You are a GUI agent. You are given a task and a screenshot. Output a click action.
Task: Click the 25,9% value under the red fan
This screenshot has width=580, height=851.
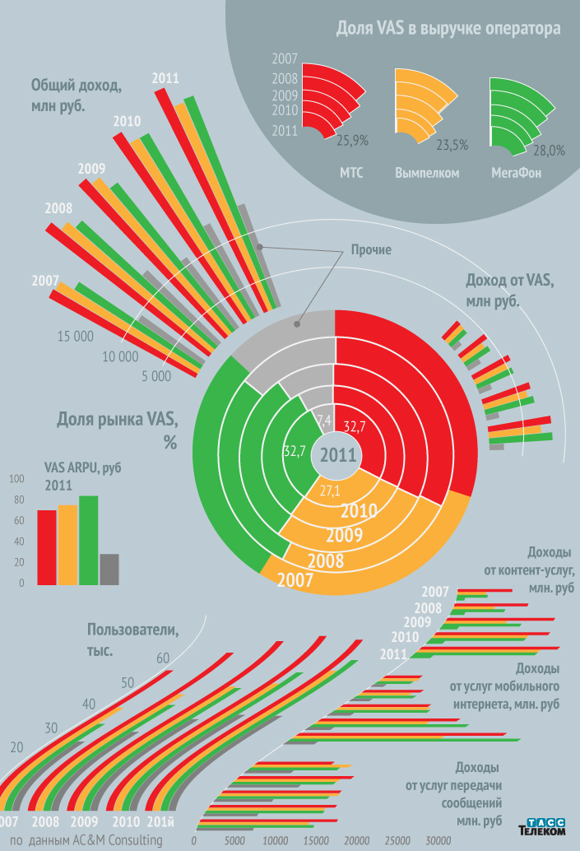(352, 141)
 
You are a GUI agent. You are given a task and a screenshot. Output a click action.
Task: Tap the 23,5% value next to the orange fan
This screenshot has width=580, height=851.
(452, 146)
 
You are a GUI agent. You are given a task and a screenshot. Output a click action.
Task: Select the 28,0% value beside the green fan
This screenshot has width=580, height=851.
(549, 151)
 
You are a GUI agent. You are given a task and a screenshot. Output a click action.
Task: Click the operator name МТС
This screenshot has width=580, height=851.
(351, 174)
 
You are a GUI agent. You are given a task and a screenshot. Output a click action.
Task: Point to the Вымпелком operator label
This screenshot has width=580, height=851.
(427, 174)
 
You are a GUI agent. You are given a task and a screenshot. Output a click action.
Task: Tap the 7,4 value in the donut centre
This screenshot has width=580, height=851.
(324, 421)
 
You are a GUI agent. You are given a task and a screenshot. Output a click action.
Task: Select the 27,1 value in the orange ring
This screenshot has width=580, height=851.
(330, 491)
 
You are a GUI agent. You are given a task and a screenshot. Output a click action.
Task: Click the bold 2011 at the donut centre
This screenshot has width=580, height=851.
(337, 455)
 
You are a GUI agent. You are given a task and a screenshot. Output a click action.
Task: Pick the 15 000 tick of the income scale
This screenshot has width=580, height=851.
(76, 336)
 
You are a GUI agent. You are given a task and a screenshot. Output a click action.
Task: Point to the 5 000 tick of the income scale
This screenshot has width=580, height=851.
(156, 376)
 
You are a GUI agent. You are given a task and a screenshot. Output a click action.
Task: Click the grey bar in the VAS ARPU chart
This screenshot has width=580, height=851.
(109, 569)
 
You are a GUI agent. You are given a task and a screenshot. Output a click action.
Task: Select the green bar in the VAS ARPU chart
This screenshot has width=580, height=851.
(88, 540)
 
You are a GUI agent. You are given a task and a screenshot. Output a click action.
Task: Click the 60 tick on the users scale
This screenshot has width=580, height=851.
(162, 658)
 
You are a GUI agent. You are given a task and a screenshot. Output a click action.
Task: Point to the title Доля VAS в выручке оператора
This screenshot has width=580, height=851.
(448, 29)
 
